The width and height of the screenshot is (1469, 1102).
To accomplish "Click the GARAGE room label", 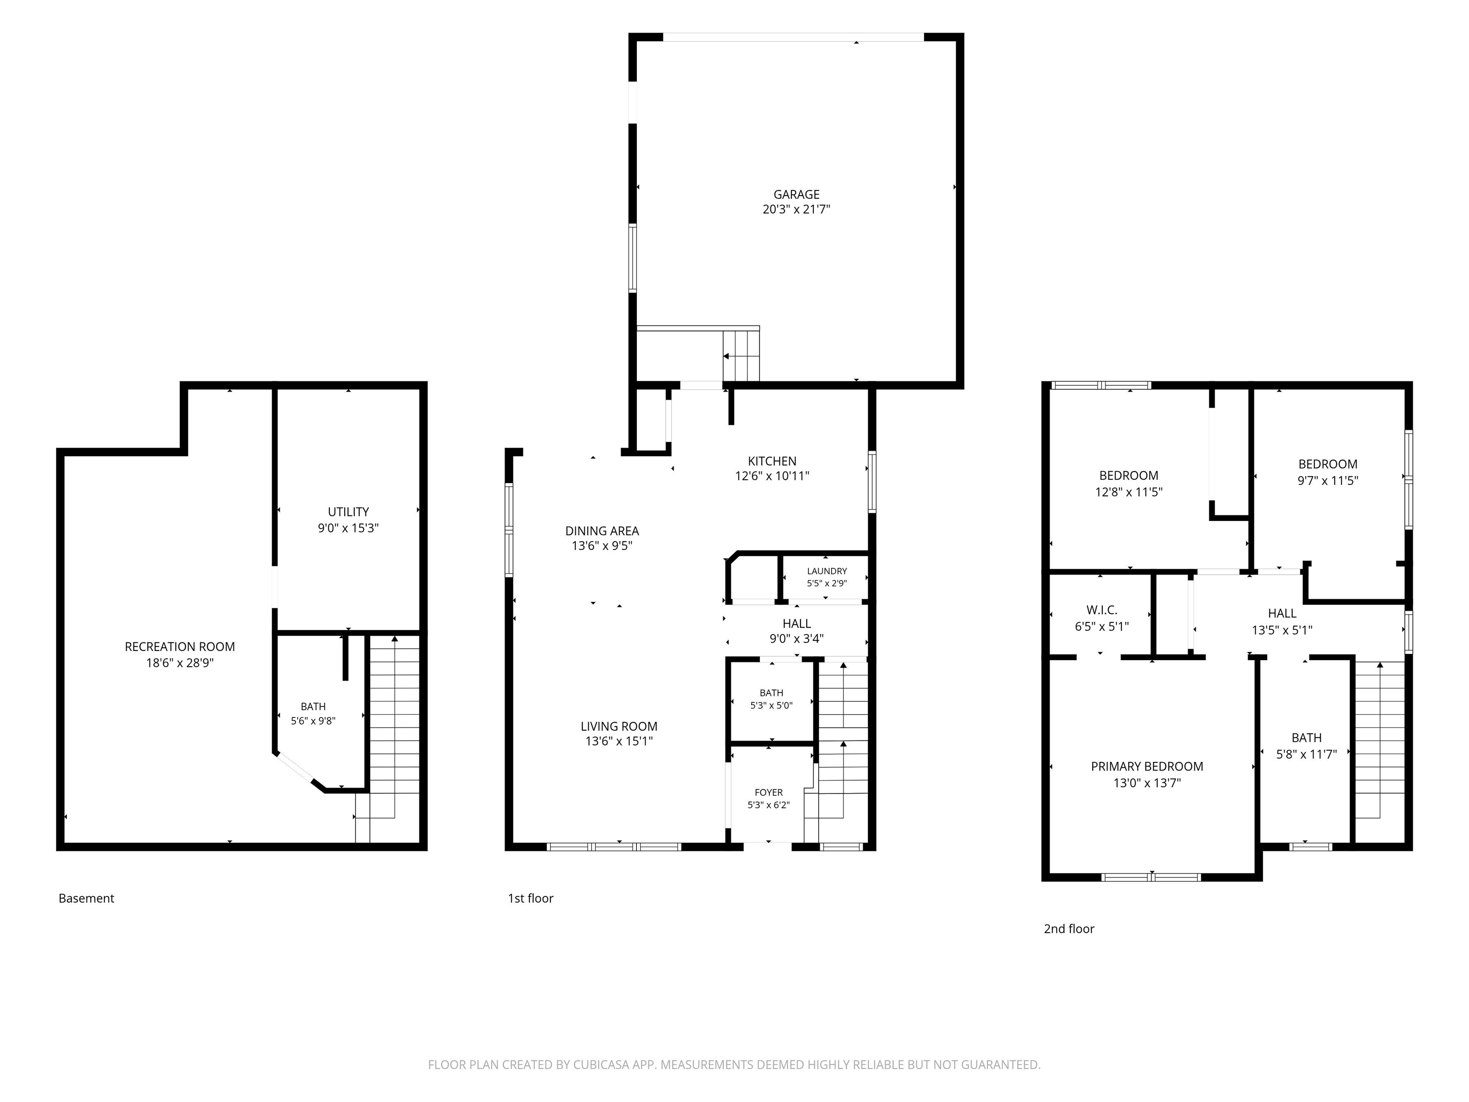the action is click(x=796, y=195).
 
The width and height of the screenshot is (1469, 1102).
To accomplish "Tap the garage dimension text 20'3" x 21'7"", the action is click(x=796, y=209).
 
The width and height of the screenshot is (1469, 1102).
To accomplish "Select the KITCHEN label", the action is click(x=772, y=461).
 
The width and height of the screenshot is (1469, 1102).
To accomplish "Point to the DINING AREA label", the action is click(x=602, y=531).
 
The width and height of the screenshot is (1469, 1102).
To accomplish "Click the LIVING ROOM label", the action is click(x=619, y=726).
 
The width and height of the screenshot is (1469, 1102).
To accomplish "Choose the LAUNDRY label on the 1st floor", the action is click(x=827, y=571).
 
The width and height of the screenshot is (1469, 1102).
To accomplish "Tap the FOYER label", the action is click(x=768, y=793).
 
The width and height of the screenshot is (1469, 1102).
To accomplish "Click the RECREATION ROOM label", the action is click(x=180, y=646).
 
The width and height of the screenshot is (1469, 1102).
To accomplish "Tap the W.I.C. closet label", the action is click(x=1102, y=610).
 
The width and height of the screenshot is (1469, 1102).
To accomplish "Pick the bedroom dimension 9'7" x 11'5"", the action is click(x=1327, y=480).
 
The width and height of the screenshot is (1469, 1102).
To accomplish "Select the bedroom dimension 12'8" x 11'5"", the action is click(x=1129, y=492).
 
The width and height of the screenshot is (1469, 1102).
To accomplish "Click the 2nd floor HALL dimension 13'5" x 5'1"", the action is click(x=1282, y=630).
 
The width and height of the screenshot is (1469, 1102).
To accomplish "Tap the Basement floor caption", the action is click(x=87, y=898).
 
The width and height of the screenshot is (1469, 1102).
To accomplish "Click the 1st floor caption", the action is click(x=531, y=898).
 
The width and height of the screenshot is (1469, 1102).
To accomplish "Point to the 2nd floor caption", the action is click(x=1069, y=929).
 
